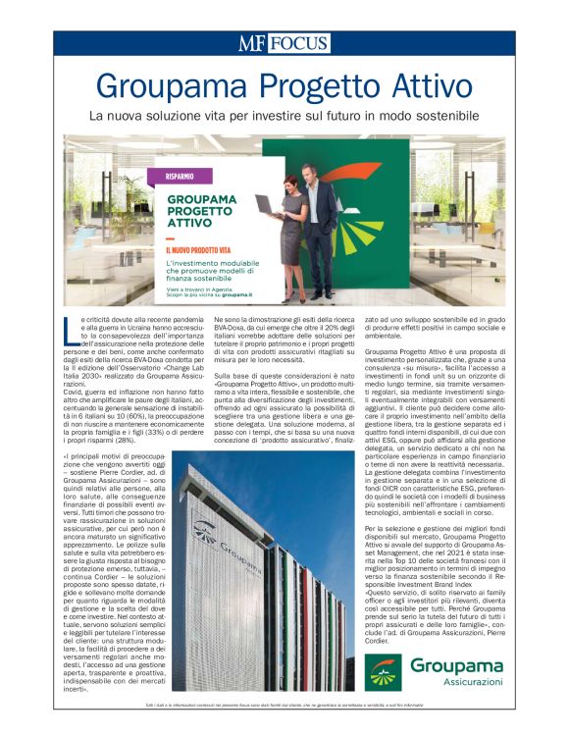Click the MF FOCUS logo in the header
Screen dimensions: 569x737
click(x=284, y=43)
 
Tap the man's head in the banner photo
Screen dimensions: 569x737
click(x=312, y=173)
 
